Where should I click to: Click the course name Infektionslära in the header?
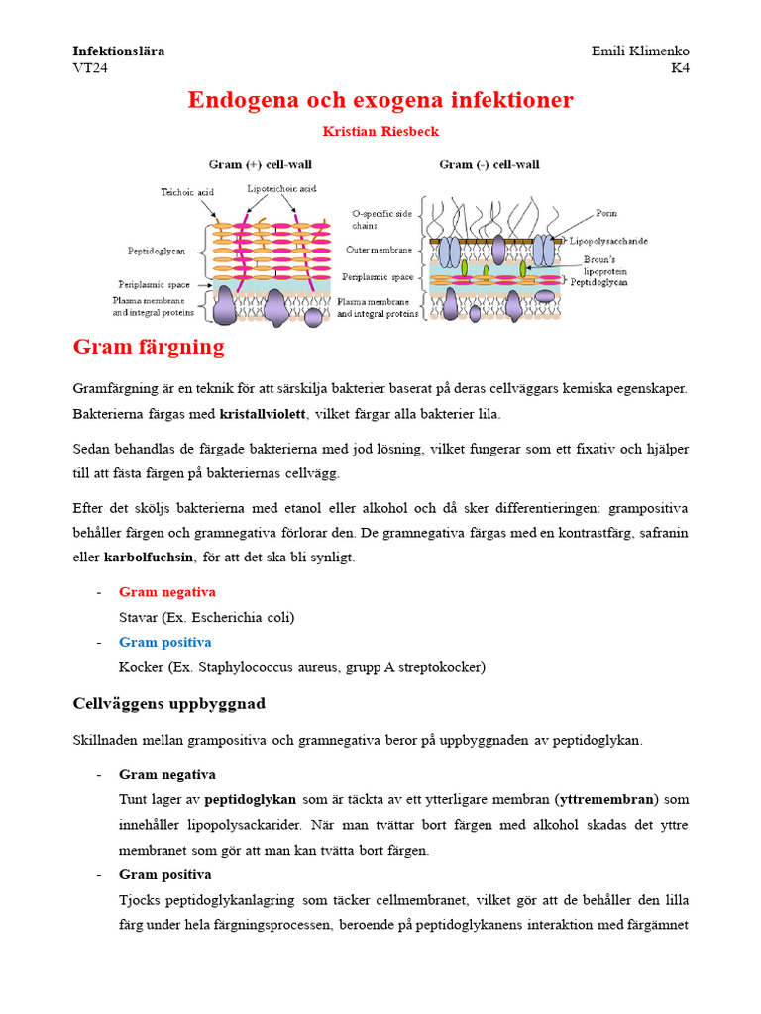[x=119, y=51]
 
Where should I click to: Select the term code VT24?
[x=90, y=68]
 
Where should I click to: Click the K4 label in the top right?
[x=680, y=68]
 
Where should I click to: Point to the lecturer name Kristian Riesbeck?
[x=380, y=131]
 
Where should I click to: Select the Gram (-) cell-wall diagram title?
[x=489, y=164]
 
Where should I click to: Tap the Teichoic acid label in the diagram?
[x=187, y=192]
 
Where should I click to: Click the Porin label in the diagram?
[x=606, y=213]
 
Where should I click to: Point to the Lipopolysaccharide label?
[x=608, y=240]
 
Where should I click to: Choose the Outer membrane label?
[x=379, y=251]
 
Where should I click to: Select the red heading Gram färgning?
[x=149, y=347]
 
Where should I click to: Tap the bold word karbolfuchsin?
[x=150, y=558]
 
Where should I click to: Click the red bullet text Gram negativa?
[x=166, y=592]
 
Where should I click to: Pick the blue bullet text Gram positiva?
[x=164, y=642]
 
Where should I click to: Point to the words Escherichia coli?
[x=243, y=617]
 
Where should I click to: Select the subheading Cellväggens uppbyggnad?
[x=169, y=704]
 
